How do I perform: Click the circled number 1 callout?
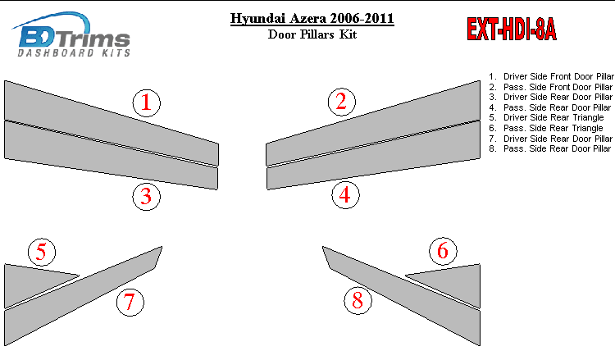[x=146, y=103]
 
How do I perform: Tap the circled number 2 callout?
[x=342, y=102]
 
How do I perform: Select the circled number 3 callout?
[x=146, y=196]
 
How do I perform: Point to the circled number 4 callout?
[x=345, y=194]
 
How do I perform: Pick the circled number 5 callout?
[x=42, y=252]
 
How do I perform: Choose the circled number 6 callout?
[x=443, y=251]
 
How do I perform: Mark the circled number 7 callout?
[x=130, y=302]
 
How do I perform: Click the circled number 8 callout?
[x=358, y=300]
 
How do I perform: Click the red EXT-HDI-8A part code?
[x=512, y=30]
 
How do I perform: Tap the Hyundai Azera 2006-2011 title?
[x=312, y=18]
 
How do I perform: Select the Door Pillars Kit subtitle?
[x=312, y=34]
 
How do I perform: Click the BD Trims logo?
[x=72, y=34]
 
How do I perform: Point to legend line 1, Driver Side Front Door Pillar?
[x=551, y=76]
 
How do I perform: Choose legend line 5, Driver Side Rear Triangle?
[x=546, y=117]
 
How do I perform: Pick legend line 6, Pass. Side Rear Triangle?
[x=546, y=128]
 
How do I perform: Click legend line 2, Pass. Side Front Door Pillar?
[x=550, y=87]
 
